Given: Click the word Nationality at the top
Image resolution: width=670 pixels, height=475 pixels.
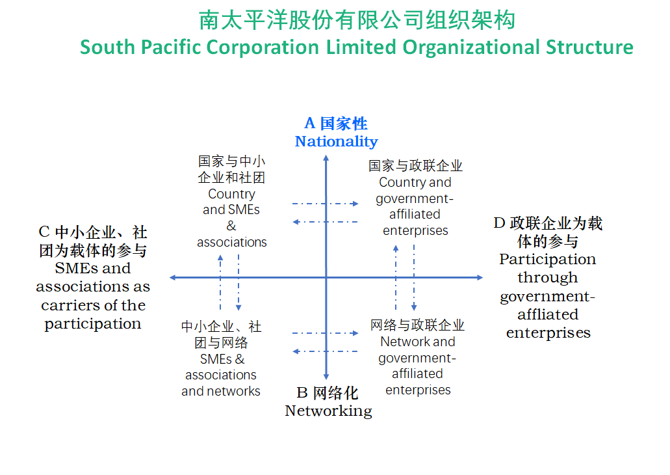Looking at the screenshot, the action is coord(336,142).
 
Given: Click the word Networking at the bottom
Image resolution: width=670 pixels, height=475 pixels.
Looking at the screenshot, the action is coord(328,411).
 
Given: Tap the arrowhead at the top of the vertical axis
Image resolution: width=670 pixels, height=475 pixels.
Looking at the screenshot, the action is coord(326,157).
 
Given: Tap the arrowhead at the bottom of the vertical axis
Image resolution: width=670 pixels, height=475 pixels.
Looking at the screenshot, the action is coord(326,377).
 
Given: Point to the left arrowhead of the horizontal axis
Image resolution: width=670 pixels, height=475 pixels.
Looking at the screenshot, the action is coord(173,278).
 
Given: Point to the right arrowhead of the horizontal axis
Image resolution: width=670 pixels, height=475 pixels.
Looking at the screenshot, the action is coord(480,278).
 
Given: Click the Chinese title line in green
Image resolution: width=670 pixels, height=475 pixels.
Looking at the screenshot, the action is coord(357,20).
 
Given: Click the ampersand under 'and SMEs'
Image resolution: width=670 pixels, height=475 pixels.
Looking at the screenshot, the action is coord(231,226).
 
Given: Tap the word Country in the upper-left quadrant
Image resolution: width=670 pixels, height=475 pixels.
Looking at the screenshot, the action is coord(231,194).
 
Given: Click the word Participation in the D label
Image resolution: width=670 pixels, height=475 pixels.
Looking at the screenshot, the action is coord(547,260).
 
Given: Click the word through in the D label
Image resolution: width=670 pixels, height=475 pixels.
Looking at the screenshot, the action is coord(547,278).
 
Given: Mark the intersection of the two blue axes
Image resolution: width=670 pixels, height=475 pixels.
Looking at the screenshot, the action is coord(326,278).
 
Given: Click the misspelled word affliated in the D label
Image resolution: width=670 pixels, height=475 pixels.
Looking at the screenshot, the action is coord(548,314).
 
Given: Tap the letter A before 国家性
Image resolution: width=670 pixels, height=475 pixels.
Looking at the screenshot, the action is coord(310,123).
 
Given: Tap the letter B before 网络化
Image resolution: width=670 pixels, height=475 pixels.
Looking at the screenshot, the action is coord(302,392).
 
